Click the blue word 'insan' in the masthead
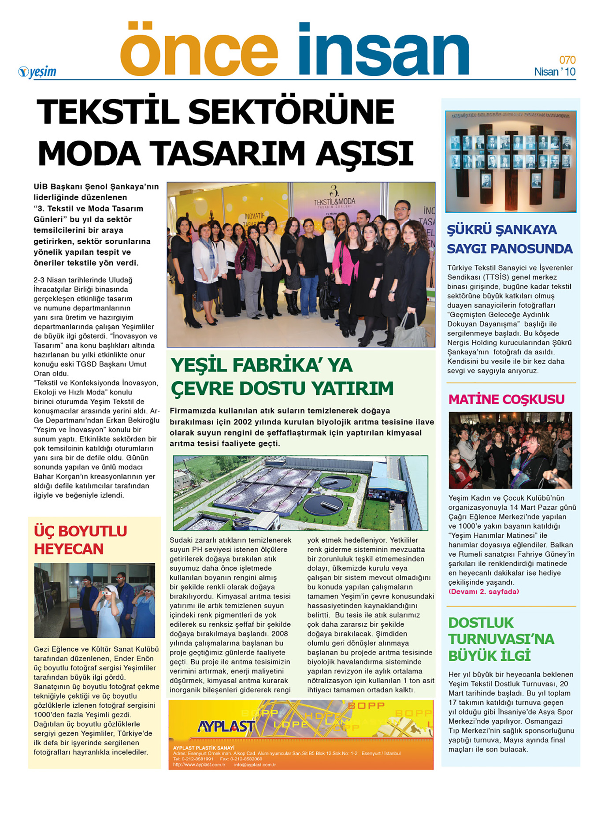[x=383, y=49]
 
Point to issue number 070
[x=567, y=60]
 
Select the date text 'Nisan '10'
[x=555, y=72]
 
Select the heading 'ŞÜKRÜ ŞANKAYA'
[x=502, y=230]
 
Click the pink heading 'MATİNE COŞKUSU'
[x=506, y=399]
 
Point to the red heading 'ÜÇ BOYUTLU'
[x=80, y=531]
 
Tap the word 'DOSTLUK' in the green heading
[x=481, y=623]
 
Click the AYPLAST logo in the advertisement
[x=226, y=726]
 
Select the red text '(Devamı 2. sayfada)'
[x=483, y=591]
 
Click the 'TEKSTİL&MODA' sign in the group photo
[x=334, y=201]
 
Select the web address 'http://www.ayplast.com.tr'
[x=199, y=765]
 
